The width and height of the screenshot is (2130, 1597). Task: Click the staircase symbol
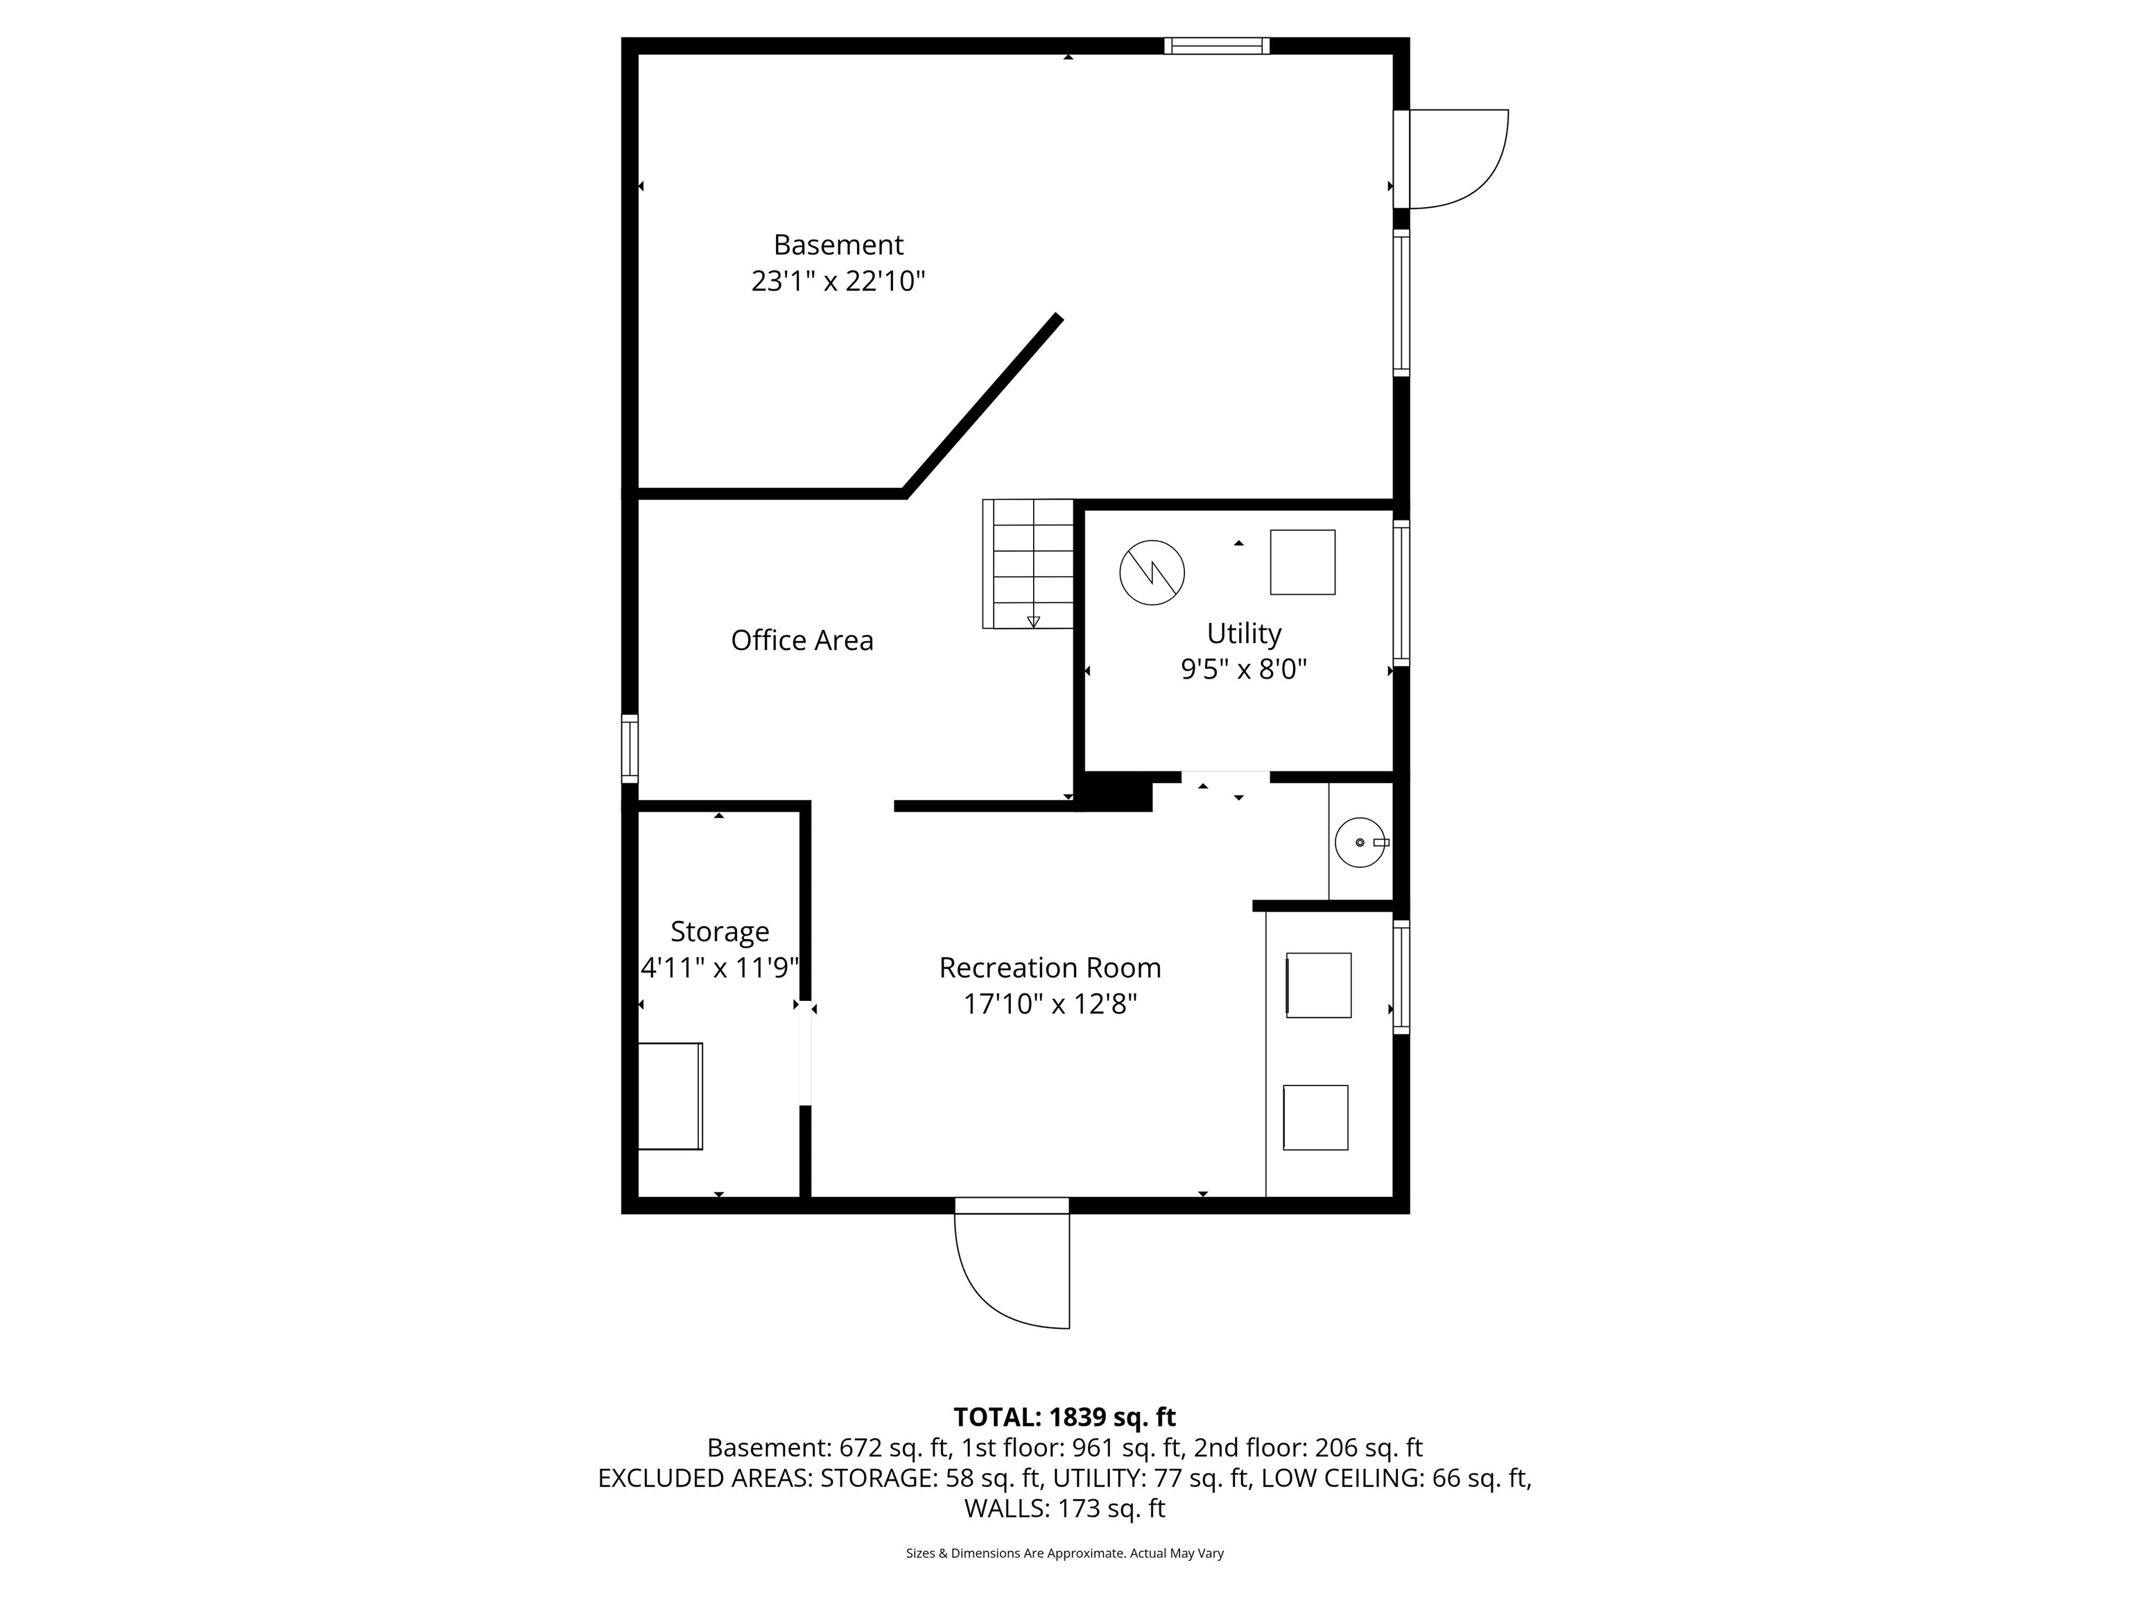(x=1028, y=563)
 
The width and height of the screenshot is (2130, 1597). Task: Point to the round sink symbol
(x=1359, y=842)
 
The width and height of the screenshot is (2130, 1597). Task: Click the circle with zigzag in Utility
(x=1152, y=573)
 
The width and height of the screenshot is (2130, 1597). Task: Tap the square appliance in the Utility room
(x=1302, y=562)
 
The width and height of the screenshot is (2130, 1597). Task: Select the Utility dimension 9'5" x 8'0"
(x=1243, y=669)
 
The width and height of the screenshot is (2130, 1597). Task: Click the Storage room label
(x=719, y=931)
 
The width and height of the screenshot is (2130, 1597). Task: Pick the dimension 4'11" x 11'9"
(x=719, y=968)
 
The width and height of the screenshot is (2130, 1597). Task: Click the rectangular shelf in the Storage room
(x=670, y=1095)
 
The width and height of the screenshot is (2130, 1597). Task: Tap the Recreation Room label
(x=1050, y=968)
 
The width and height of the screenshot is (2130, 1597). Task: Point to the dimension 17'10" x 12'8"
(x=1050, y=1004)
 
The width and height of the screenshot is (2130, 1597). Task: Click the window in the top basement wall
(x=1216, y=45)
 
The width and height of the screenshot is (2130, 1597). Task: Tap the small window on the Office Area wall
(x=629, y=748)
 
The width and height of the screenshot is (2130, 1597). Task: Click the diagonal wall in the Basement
(x=982, y=404)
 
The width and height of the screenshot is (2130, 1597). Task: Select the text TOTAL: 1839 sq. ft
(x=1064, y=1417)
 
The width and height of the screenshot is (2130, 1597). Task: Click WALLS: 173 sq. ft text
(x=1064, y=1508)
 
